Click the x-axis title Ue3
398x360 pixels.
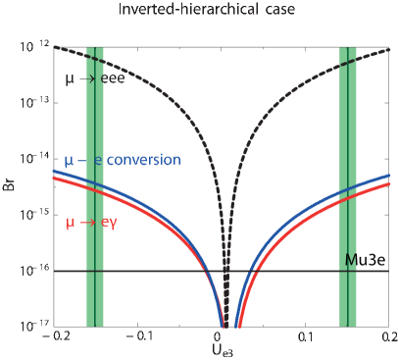coord(223,352)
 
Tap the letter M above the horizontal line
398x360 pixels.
coord(351,259)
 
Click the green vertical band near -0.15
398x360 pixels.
coord(95,186)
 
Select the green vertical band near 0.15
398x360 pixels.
coord(348,186)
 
